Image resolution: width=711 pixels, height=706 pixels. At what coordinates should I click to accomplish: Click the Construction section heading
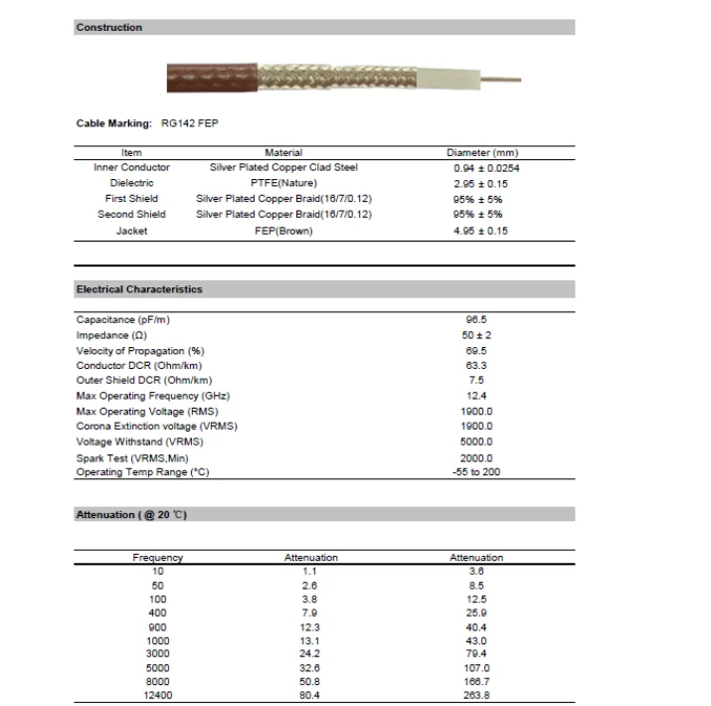pos(109,27)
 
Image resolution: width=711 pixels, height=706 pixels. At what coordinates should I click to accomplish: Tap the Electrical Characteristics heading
pos(139,289)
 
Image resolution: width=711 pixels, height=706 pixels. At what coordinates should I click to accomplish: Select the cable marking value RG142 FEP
pos(189,123)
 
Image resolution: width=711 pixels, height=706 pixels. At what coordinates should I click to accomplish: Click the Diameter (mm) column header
pos(482,152)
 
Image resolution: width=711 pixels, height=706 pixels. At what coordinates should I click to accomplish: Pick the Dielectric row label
pos(131,183)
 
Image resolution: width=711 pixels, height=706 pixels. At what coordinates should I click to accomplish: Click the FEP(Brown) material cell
pos(283,231)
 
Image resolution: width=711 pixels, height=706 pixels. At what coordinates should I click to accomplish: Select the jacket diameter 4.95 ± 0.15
pos(480,231)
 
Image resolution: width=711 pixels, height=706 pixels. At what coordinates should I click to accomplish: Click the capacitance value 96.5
pos(475,319)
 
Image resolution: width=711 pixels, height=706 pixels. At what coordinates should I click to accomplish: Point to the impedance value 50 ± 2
pos(477,335)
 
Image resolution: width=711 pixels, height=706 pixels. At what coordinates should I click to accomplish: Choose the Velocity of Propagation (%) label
pos(140,350)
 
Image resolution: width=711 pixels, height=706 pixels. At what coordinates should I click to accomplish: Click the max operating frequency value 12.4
pos(475,396)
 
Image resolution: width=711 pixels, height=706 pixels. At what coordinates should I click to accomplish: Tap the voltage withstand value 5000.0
pos(476,441)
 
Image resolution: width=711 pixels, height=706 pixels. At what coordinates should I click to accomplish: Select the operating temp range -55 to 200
pos(476,471)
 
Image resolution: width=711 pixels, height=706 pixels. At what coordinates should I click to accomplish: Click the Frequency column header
pos(157,558)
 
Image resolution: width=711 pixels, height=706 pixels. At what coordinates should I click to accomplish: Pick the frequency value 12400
pos(157,696)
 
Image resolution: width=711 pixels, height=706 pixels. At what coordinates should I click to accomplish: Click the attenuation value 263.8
pos(476,696)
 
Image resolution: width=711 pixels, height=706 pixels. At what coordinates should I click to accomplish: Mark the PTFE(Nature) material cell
pos(283,183)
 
